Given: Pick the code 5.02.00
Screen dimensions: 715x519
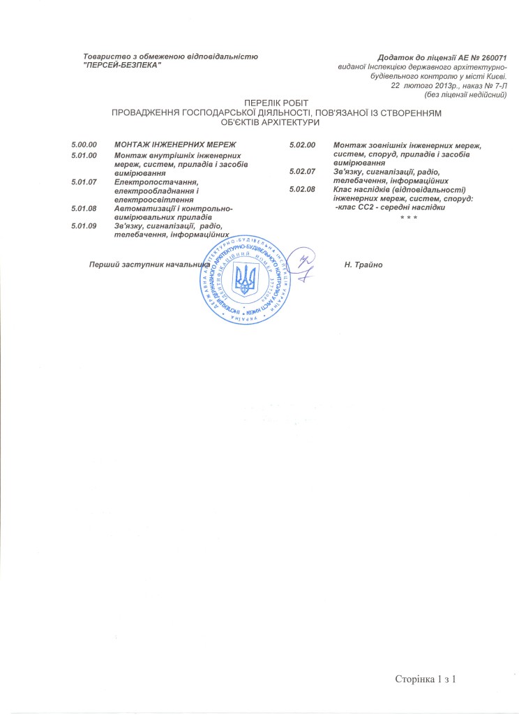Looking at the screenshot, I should coord(303,145).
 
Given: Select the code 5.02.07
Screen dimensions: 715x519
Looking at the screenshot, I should coord(303,171).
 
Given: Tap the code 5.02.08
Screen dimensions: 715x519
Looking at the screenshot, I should coord(303,189).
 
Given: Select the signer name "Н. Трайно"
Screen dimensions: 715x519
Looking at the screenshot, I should coord(365,265).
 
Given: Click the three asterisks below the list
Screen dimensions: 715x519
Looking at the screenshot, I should coord(408,219).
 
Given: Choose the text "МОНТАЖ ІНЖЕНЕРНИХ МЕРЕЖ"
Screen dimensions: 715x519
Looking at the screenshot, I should coord(175,145).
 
